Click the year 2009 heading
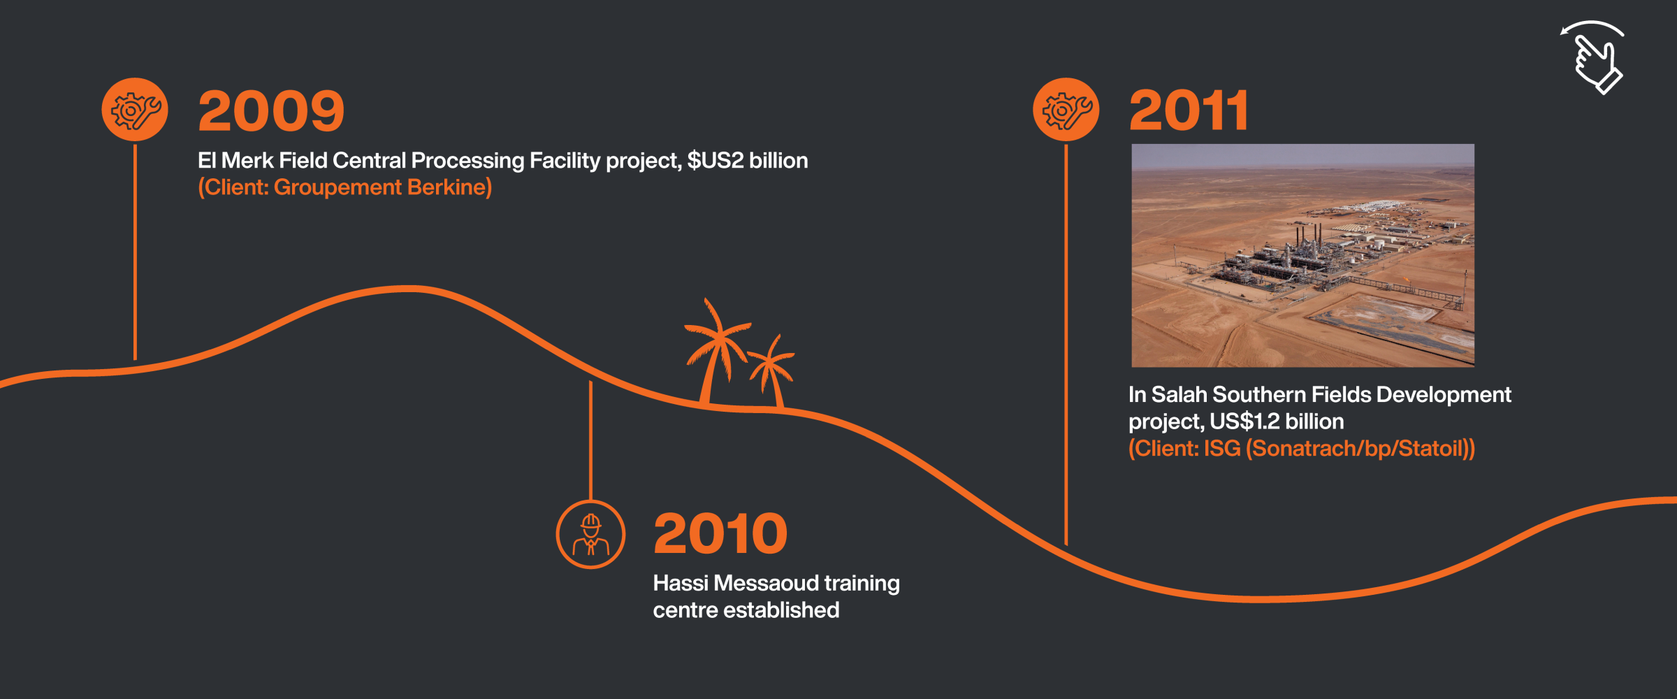pyautogui.click(x=271, y=110)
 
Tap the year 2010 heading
pyautogui.click(x=720, y=533)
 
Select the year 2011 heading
pyautogui.click(x=1189, y=110)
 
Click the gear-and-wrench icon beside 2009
pyautogui.click(x=135, y=110)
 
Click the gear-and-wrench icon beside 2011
pyautogui.click(x=1066, y=110)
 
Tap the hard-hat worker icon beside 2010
pyautogui.click(x=590, y=534)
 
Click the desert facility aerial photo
pyautogui.click(x=1302, y=255)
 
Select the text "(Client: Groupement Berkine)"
pyautogui.click(x=345, y=187)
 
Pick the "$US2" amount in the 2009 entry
pyautogui.click(x=716, y=160)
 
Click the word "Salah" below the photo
pyautogui.click(x=1179, y=395)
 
